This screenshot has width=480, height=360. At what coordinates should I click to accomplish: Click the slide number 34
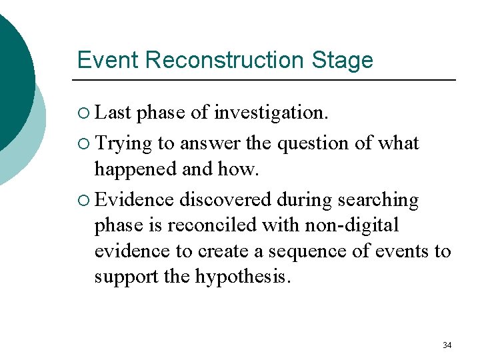pos(447,345)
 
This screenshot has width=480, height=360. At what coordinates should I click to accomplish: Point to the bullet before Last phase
pos(83,113)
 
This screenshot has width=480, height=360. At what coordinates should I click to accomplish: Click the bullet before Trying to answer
pos(83,144)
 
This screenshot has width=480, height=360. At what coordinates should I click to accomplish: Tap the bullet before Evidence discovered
pos(83,201)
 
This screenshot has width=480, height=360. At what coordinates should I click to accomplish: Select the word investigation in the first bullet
pos(271,113)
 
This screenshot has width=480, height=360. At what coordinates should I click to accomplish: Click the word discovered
pos(225,200)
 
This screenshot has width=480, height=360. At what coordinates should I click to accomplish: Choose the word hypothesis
pos(243,277)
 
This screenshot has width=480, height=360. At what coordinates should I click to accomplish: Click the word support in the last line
pos(125,277)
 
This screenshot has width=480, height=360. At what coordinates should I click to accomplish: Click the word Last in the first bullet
pos(113,113)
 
